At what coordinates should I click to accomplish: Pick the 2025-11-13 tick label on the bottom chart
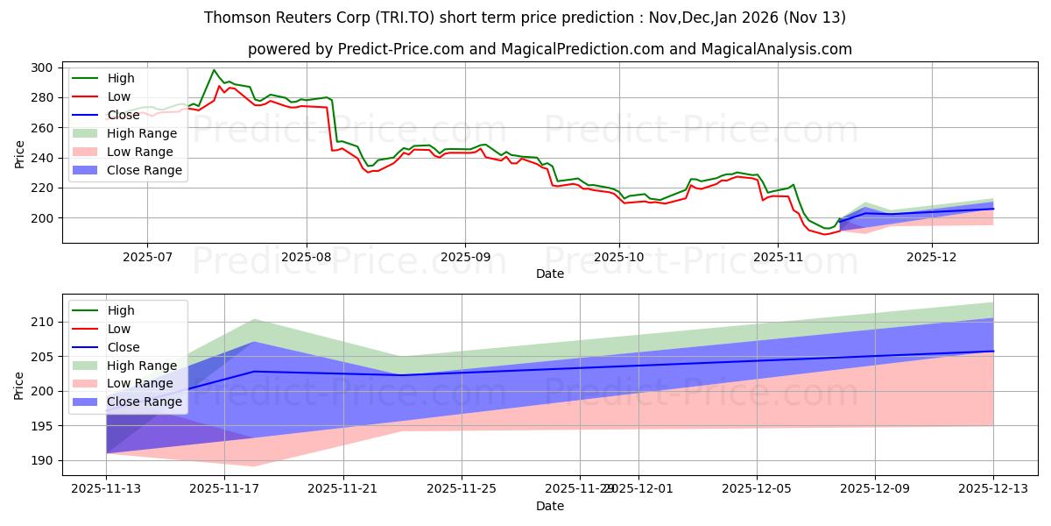click(x=106, y=488)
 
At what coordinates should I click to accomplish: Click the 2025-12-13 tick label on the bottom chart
click(x=993, y=488)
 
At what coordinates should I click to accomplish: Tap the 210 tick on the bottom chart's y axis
click(x=44, y=323)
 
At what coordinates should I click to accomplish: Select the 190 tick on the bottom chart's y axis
click(x=44, y=460)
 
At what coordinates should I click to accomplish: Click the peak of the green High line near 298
click(x=214, y=70)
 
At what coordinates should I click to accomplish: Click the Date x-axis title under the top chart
click(x=550, y=274)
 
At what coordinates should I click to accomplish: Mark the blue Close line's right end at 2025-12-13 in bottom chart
click(x=993, y=352)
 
